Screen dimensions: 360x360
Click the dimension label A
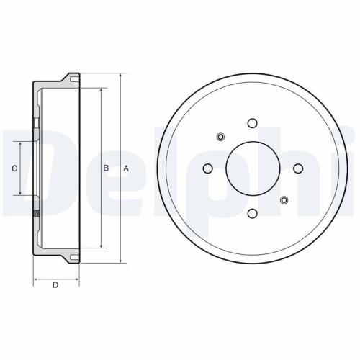tap(126, 168)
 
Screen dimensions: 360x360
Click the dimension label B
tap(106, 168)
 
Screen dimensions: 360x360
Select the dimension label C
tap(14, 168)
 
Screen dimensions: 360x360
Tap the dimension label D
tap(55, 285)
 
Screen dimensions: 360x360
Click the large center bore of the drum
tap(253, 168)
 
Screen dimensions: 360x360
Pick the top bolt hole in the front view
tap(252, 123)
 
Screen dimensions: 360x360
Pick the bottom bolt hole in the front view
tap(252, 213)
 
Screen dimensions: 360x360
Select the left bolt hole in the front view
tap(208, 168)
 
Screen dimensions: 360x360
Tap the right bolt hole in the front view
tap(298, 168)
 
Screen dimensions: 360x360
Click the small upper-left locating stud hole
tap(220, 137)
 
